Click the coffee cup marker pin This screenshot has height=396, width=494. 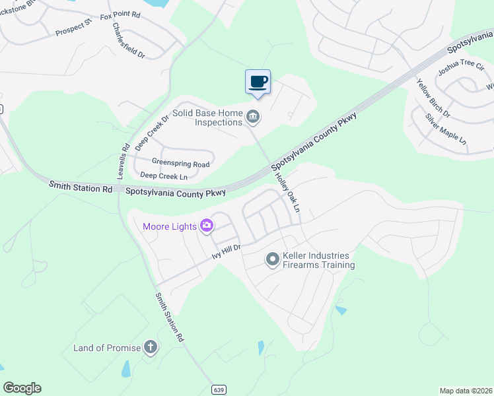[258, 82]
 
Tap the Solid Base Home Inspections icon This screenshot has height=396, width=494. [253, 117]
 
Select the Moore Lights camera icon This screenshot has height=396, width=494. [207, 226]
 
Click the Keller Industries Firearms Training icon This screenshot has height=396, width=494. [272, 260]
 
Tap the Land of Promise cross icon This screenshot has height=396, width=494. [151, 347]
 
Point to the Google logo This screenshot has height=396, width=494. [22, 388]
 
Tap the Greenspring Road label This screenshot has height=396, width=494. [180, 163]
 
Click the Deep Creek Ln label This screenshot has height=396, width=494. [164, 176]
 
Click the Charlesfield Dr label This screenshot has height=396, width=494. [129, 41]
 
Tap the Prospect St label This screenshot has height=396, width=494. [73, 29]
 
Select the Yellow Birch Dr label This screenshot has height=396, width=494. [433, 98]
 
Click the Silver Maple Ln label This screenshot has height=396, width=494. [446, 129]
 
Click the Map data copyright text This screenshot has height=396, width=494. [466, 391]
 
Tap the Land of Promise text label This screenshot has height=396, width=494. [107, 348]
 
